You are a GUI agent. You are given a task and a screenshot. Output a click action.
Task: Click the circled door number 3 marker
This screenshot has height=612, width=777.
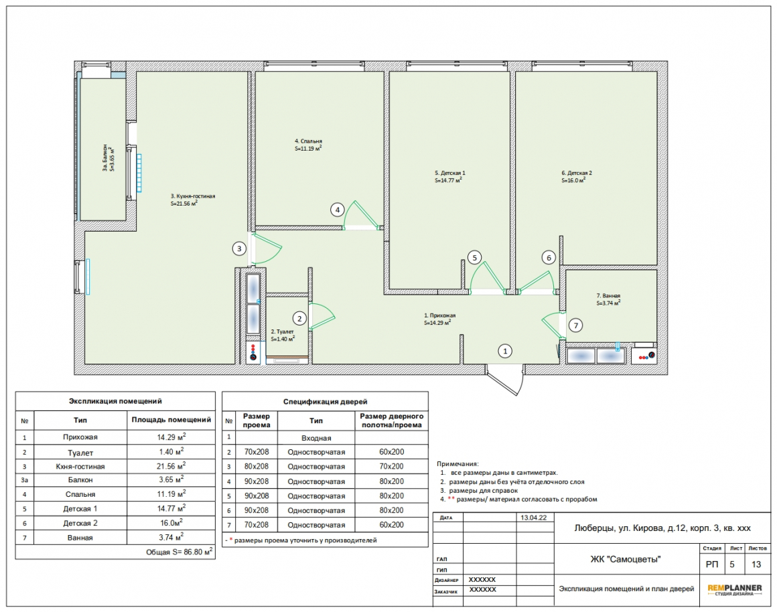click(239, 248)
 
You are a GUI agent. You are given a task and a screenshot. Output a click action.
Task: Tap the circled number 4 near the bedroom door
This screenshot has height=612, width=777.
click(338, 210)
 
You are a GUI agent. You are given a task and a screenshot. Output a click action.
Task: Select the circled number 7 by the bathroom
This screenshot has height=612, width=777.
click(575, 325)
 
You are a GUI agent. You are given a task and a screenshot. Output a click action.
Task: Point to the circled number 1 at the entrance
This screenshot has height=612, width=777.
click(505, 351)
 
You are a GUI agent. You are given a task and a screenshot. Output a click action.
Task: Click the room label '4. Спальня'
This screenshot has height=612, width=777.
click(308, 141)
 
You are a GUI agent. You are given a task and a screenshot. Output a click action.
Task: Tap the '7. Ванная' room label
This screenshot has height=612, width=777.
click(608, 296)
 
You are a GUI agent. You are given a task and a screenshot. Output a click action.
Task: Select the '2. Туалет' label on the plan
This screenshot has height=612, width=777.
click(282, 331)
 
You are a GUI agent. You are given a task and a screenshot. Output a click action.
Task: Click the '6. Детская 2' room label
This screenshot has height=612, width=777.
click(576, 173)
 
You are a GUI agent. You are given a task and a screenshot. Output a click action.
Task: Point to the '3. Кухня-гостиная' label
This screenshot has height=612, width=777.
click(193, 196)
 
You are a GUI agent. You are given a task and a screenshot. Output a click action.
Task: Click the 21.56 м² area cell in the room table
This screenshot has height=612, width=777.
click(171, 466)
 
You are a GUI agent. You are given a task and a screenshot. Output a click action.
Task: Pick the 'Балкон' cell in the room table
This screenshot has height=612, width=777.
click(80, 479)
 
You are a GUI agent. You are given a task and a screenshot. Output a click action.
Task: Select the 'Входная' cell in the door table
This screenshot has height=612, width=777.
click(316, 438)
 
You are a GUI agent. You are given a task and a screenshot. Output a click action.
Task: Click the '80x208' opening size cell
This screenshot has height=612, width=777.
click(256, 466)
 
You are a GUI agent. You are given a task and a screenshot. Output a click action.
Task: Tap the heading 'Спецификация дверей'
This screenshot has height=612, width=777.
click(325, 401)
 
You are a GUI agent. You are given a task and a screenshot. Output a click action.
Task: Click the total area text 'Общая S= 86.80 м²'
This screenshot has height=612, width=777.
click(180, 552)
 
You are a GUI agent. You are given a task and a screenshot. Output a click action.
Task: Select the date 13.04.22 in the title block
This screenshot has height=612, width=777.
click(534, 518)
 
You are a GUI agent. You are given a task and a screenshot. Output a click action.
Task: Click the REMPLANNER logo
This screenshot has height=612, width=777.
click(734, 589)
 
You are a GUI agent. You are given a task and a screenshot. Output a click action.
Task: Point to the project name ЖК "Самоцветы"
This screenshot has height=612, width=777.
click(626, 560)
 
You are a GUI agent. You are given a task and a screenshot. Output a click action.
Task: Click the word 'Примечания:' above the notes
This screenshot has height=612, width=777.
click(457, 464)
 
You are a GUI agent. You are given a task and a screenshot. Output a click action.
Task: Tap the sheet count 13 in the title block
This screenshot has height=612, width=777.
click(756, 564)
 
